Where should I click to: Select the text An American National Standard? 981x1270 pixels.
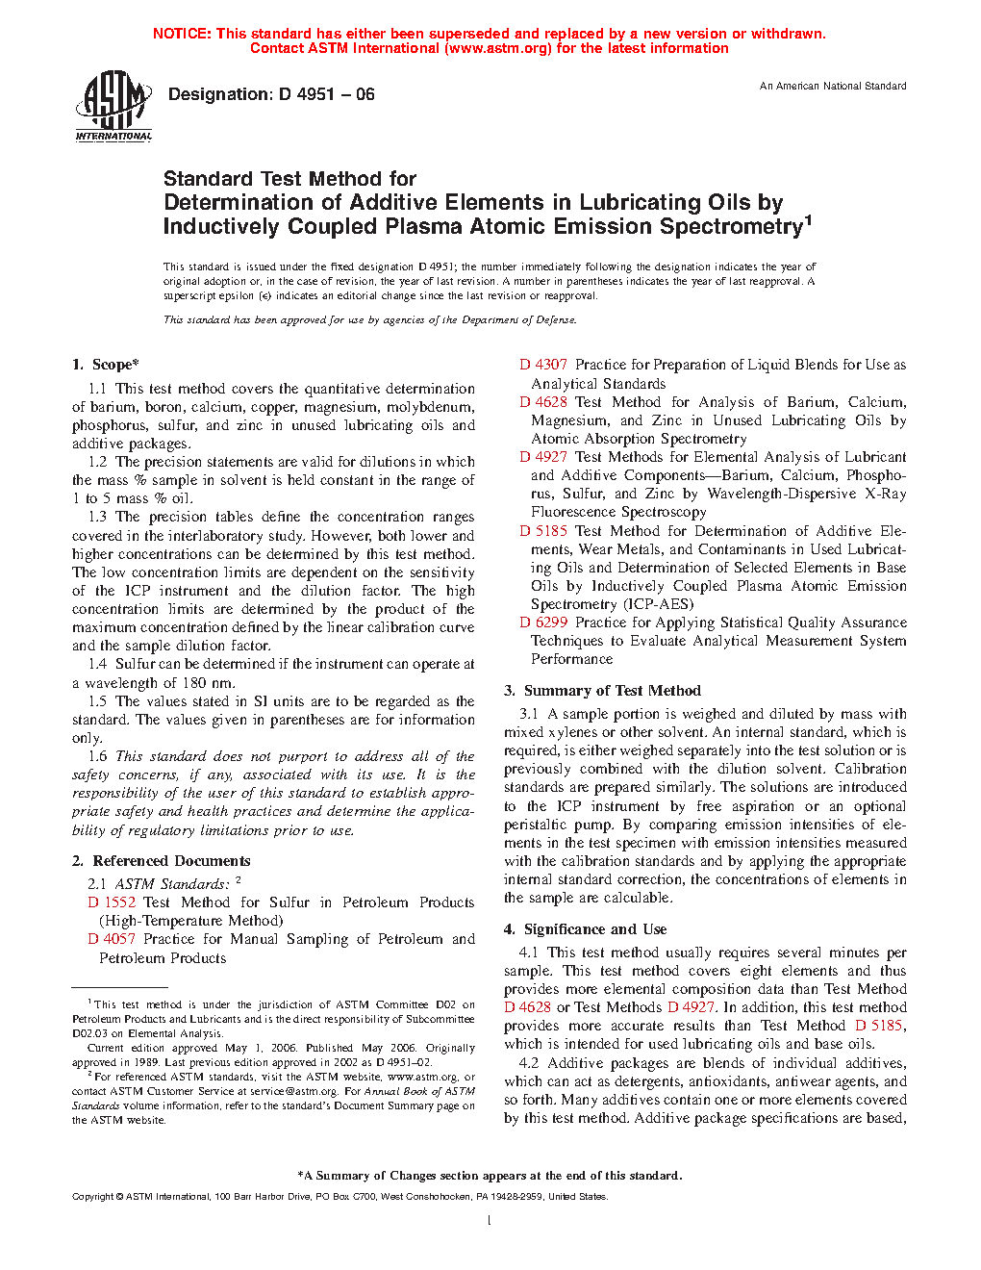[x=833, y=87]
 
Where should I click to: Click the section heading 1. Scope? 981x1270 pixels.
[x=106, y=365]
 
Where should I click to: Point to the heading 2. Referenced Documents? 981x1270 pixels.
[x=162, y=861]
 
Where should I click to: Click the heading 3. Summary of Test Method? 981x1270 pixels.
[x=603, y=691]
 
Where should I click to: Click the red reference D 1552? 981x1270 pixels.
[x=112, y=902]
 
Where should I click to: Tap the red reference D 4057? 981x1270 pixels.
[x=112, y=939]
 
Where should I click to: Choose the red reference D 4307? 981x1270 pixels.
[x=543, y=365]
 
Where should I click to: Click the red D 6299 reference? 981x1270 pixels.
[x=543, y=622]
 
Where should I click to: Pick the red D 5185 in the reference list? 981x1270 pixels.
[x=543, y=531]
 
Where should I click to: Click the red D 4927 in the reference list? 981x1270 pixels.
[x=543, y=457]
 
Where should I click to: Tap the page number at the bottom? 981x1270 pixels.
[x=490, y=1221]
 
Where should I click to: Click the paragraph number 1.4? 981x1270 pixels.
[x=97, y=664]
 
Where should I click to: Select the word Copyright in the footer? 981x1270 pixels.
[x=93, y=1197]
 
